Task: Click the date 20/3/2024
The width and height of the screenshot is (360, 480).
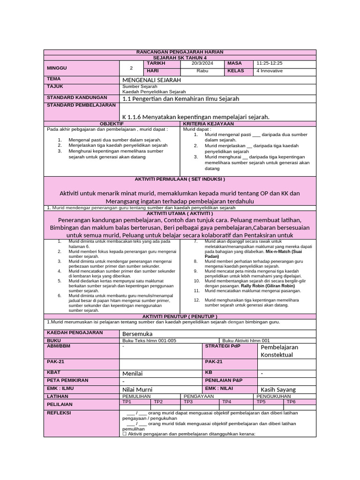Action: pyautogui.click(x=202, y=63)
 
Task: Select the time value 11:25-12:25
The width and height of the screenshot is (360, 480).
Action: pyautogui.click(x=269, y=63)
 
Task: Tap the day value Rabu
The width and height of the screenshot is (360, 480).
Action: pyautogui.click(x=202, y=71)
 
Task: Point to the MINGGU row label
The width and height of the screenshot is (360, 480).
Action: pyautogui.click(x=57, y=67)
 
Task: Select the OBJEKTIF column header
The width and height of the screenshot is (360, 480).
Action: pyautogui.click(x=112, y=123)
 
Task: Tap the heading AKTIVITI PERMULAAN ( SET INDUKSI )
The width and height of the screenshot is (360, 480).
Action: pyautogui.click(x=180, y=179)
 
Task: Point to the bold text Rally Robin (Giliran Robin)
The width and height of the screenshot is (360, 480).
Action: pyautogui.click(x=268, y=285)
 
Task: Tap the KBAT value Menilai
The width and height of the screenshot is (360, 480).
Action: pyautogui.click(x=132, y=374)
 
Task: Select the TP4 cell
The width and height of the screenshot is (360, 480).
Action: pyautogui.click(x=226, y=402)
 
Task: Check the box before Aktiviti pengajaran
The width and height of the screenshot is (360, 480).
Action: pyautogui.click(x=125, y=434)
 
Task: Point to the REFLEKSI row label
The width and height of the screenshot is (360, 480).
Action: pyautogui.click(x=58, y=413)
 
